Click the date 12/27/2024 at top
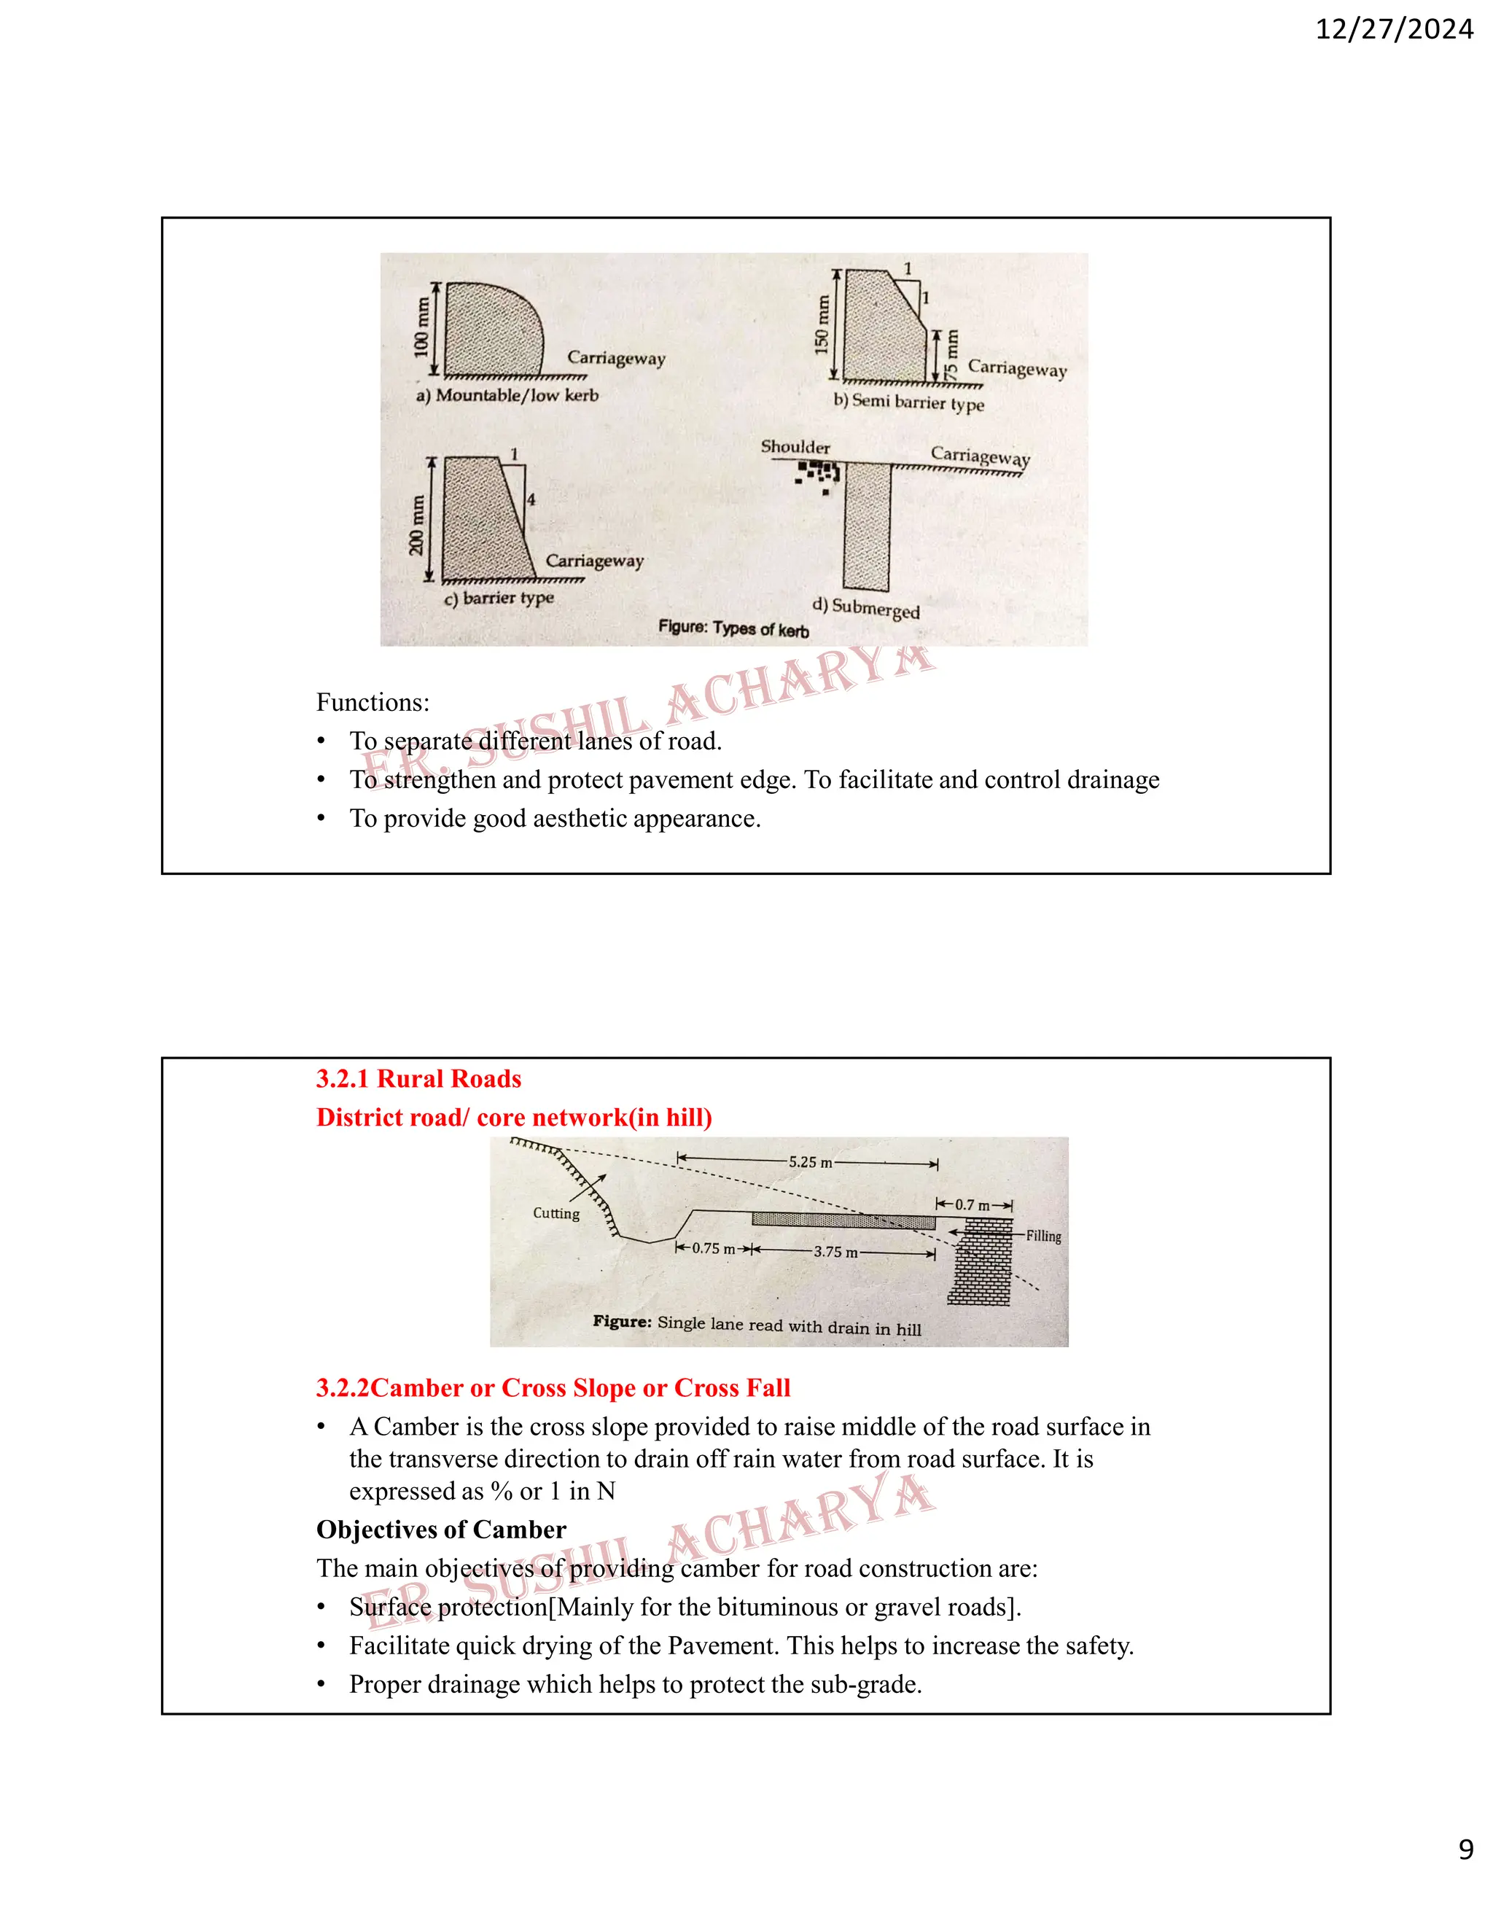click(1394, 30)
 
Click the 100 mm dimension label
click(422, 327)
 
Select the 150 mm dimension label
click(822, 324)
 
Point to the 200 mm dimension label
click(416, 525)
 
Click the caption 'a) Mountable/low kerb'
click(507, 395)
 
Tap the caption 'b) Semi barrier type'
click(908, 402)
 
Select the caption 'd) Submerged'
click(866, 608)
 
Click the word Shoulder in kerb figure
click(795, 447)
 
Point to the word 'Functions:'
click(373, 702)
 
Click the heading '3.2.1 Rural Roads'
click(418, 1078)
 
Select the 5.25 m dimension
click(810, 1161)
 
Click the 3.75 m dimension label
click(835, 1252)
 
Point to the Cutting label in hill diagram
click(556, 1214)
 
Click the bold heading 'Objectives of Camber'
click(440, 1530)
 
